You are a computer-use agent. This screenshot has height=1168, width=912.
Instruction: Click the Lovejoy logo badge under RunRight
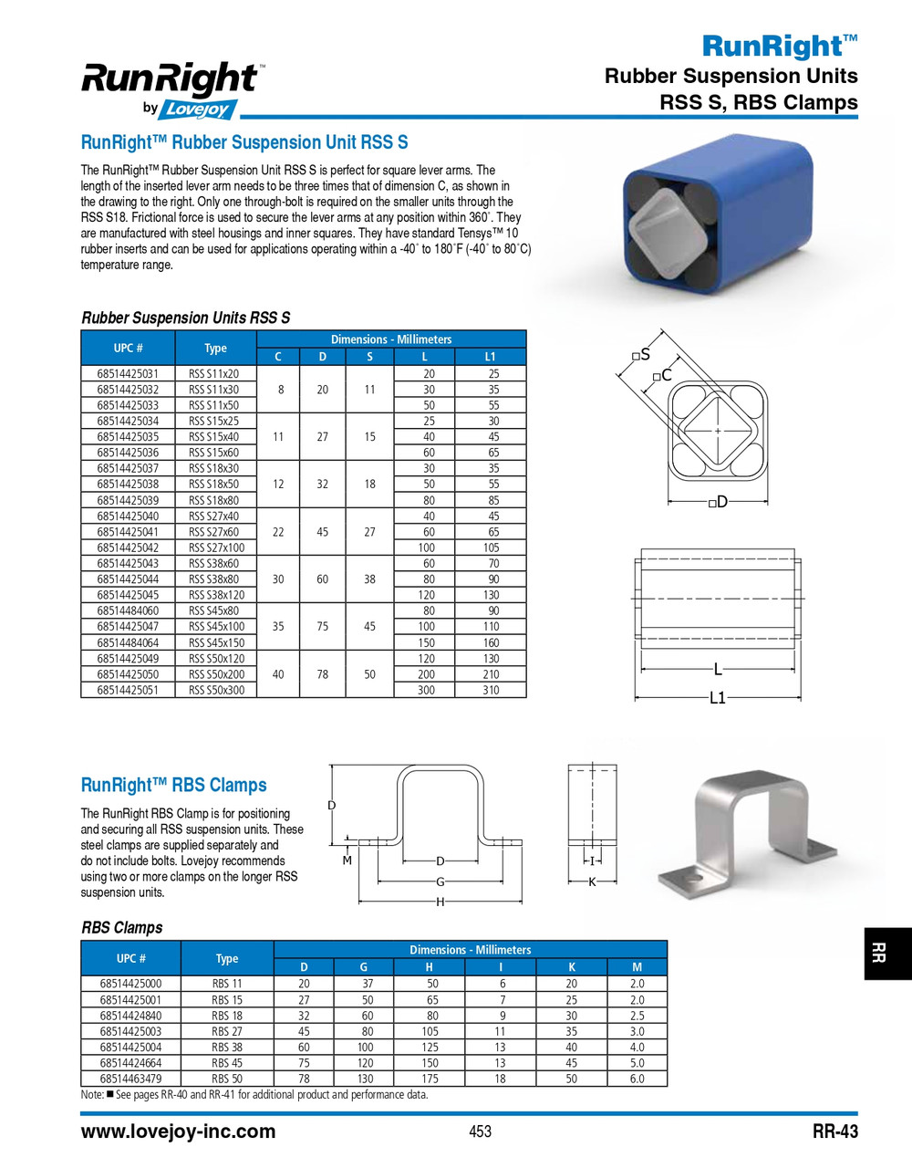coord(198,109)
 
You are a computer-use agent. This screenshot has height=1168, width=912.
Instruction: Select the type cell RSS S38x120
coord(216,595)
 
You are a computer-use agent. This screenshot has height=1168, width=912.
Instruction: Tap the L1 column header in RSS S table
coord(491,357)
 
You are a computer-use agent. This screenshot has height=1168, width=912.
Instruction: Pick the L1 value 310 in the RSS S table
coord(491,691)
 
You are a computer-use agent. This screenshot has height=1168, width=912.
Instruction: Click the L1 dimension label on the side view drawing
coord(718,698)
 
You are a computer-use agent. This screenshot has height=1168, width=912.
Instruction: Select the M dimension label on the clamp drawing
coord(347,860)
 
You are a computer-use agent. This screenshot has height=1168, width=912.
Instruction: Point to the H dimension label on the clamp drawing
coord(440,902)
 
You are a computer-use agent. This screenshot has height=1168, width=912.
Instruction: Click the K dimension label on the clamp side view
coord(592,882)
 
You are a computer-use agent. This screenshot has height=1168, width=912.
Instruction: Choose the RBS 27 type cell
coord(227,1031)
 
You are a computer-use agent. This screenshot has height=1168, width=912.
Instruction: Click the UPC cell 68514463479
coord(131,1079)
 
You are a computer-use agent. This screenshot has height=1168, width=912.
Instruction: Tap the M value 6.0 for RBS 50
coord(637,1079)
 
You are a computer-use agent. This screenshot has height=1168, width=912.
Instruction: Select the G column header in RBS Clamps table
coord(364,967)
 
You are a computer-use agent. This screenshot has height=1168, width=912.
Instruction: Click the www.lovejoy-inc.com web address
coord(179,1131)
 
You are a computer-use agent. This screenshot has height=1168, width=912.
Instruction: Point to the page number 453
coord(480,1131)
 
